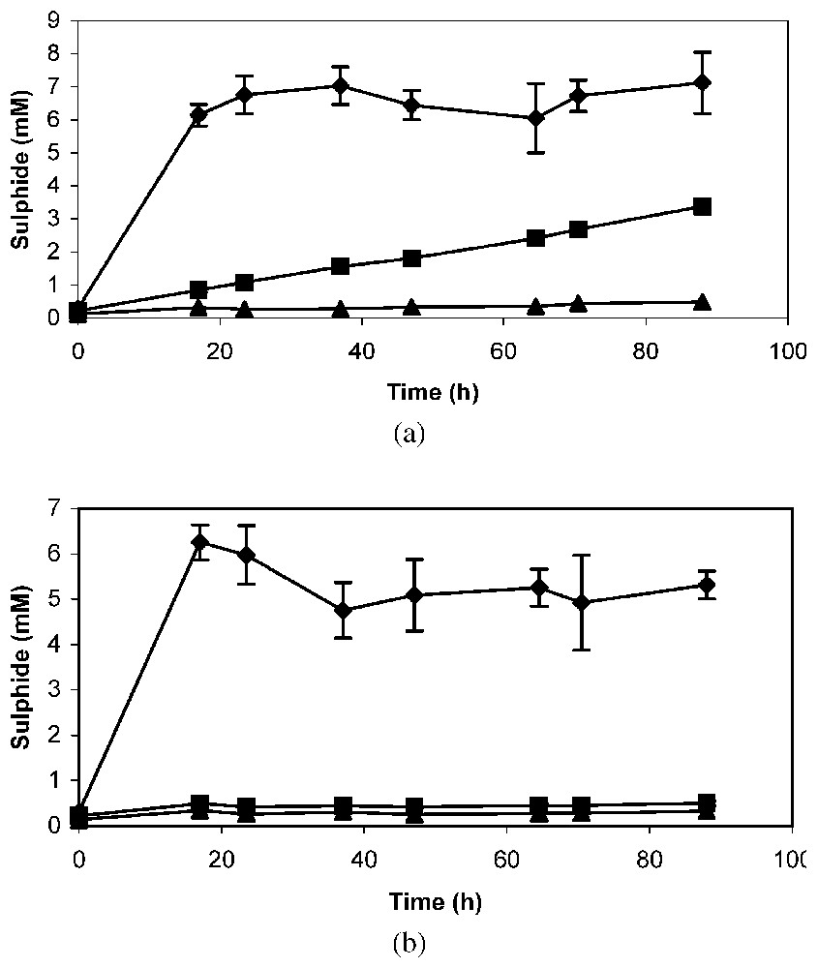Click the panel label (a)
click(x=409, y=433)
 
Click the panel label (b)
click(x=409, y=942)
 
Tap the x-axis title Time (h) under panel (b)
click(x=436, y=902)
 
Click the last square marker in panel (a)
click(x=703, y=206)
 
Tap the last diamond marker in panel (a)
click(x=703, y=82)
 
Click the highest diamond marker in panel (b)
click(x=200, y=541)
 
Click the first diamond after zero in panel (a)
click(x=199, y=115)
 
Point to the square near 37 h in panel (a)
click(x=340, y=265)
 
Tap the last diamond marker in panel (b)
click(x=707, y=585)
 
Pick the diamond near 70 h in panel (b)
click(x=581, y=602)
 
